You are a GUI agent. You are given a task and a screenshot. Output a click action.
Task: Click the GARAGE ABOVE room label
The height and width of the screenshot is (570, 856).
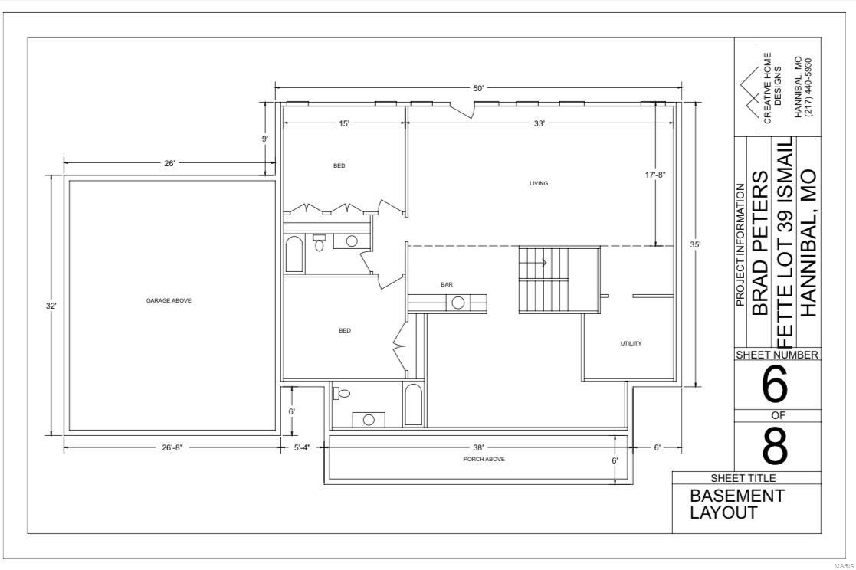click(x=169, y=300)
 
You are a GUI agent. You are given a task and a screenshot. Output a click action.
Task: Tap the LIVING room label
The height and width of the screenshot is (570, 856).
click(x=539, y=183)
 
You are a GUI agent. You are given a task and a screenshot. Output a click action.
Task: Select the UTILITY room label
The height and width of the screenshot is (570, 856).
click(x=631, y=343)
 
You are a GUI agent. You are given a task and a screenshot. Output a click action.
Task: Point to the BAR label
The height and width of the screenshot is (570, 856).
click(x=447, y=285)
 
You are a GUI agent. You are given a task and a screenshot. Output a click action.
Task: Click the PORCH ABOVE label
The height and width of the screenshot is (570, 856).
click(x=484, y=459)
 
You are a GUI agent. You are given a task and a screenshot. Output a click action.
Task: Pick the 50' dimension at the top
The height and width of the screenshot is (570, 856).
click(x=478, y=88)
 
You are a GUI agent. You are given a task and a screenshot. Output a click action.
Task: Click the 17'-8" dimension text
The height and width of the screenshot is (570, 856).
click(x=655, y=175)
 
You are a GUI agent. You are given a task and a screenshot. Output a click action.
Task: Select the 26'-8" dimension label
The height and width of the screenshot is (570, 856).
click(x=172, y=447)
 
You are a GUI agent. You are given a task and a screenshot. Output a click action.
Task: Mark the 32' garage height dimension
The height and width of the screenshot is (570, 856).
click(x=50, y=306)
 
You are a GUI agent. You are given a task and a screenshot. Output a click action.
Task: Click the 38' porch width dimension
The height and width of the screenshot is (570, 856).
click(x=478, y=447)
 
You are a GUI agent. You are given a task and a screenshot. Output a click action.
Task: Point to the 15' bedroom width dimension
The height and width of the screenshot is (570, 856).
click(x=344, y=123)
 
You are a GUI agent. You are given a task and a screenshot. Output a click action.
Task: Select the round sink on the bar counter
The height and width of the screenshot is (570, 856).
click(x=458, y=303)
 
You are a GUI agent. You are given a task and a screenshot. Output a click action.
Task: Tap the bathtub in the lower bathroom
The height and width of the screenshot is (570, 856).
click(x=413, y=404)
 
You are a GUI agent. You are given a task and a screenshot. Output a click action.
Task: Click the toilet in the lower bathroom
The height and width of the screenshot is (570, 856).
click(x=342, y=394)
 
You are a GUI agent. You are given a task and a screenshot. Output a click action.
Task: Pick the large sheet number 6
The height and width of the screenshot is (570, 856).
click(x=776, y=386)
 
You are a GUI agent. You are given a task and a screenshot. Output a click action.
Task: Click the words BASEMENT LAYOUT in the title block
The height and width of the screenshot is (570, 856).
click(x=736, y=504)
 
